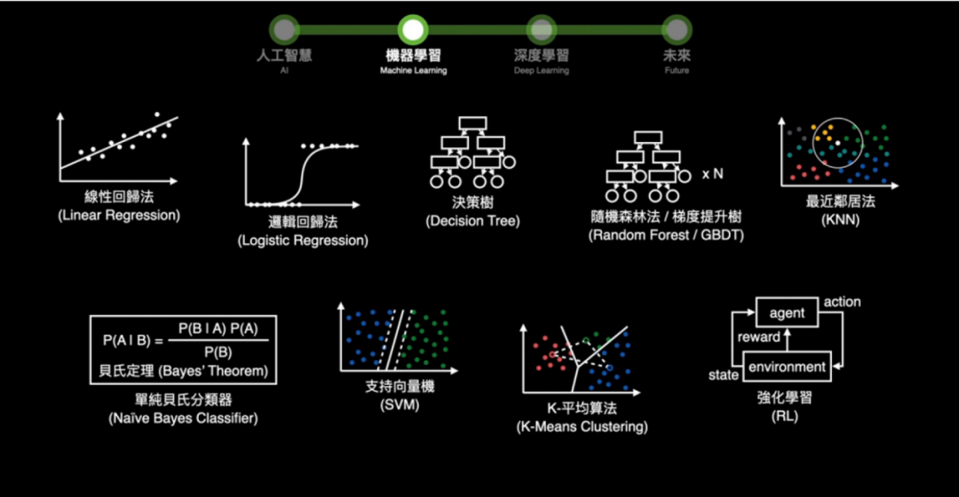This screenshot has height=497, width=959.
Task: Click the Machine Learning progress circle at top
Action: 413,29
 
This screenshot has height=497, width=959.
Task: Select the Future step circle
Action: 677,29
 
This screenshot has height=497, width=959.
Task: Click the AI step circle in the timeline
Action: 284,29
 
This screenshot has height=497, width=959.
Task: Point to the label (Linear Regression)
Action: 119,216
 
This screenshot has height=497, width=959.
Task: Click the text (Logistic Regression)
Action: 303,241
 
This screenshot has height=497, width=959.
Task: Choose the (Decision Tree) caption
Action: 472,221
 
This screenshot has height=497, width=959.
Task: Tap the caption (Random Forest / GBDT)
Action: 666,235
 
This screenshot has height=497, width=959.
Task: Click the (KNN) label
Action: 840,219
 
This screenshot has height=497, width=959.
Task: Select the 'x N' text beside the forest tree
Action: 713,174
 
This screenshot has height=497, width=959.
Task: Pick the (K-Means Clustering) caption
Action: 582,427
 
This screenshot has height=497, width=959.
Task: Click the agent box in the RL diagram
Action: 788,312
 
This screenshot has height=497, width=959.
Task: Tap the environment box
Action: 788,367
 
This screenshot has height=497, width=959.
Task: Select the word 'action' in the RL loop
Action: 842,302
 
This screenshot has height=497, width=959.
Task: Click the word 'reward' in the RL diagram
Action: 759,337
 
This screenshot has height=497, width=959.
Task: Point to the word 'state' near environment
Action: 724,375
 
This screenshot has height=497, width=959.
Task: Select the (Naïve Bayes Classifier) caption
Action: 182,418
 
